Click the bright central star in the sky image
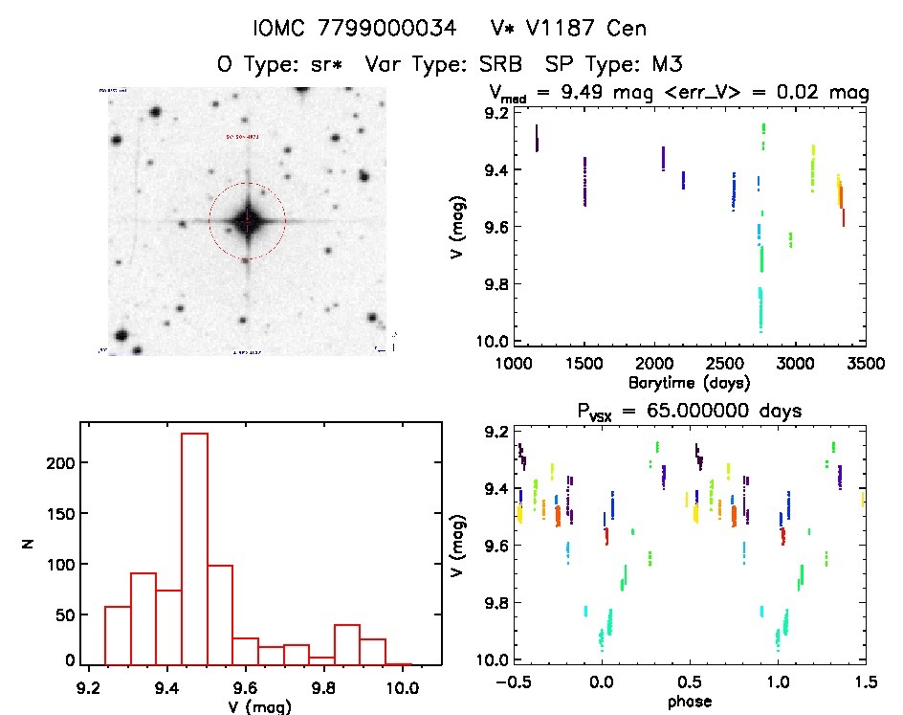coord(247,221)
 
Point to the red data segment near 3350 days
coord(843,217)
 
